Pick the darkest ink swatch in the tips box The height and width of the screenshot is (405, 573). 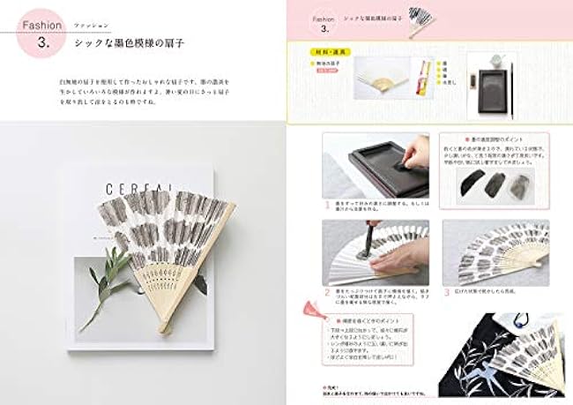pyautogui.click(x=476, y=185)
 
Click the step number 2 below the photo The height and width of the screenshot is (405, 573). pyautogui.click(x=325, y=290)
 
